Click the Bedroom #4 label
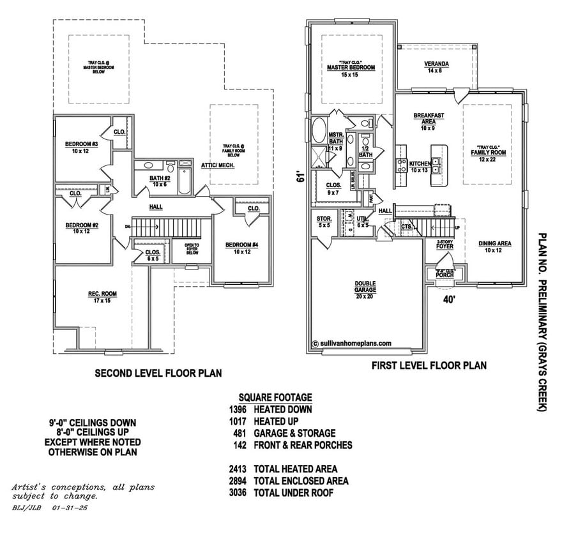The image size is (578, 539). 241,248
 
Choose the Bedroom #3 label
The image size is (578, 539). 81,148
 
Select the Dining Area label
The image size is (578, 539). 494,246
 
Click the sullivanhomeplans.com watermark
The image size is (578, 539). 352,343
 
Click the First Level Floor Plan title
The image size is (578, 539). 429,366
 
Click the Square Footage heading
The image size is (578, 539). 275,397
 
